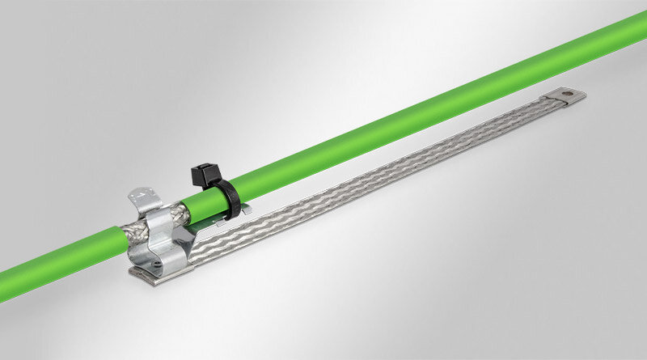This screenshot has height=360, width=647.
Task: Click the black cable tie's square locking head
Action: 201,172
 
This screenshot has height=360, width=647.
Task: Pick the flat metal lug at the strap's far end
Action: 569,98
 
